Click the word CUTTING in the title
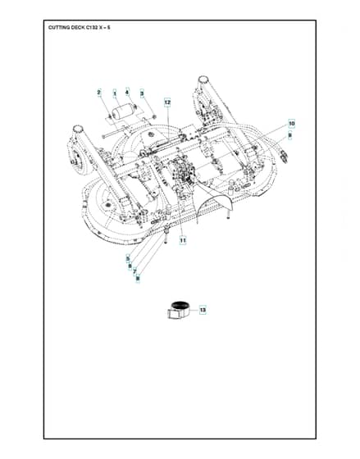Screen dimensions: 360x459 pos(59,28)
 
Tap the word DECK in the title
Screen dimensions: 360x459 pos(78,28)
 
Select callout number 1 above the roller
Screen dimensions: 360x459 pos(115,93)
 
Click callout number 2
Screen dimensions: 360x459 pos(99,93)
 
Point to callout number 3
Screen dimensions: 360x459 pos(143,94)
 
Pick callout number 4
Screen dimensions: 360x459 pos(127,93)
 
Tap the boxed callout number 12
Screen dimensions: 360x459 pos(167,102)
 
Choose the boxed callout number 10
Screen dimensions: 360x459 pos(291,124)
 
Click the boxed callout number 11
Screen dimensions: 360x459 pos(183,240)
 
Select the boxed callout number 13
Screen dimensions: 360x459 pos(203,310)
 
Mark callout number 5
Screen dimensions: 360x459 pos(128,258)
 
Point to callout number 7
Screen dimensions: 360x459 pos(134,272)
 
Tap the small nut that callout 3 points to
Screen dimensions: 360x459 pos(154,117)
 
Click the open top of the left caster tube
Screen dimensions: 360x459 pos(78,129)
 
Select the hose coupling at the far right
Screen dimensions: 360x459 pos(284,156)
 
